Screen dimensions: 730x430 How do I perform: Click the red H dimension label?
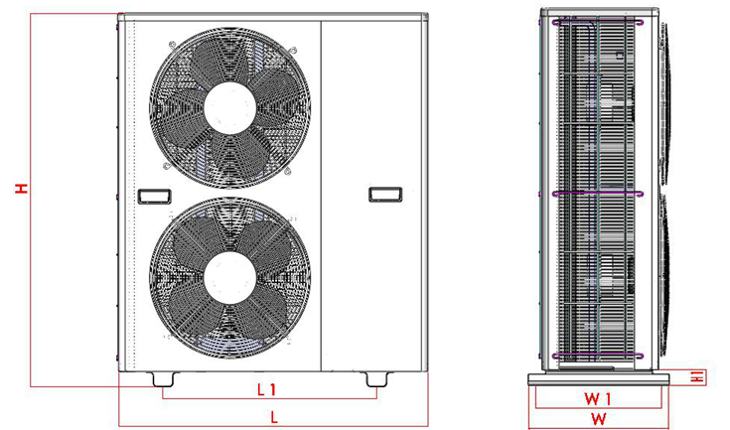pos(22,188)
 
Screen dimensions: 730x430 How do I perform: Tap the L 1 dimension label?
pos(267,389)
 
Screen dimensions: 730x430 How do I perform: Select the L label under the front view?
pos(274,417)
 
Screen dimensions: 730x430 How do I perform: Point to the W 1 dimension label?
pos(598,398)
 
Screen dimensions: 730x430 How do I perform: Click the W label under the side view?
pos(599,418)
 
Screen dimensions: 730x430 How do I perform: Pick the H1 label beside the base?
pos(697,376)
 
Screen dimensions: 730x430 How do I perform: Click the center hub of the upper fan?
pos(230,107)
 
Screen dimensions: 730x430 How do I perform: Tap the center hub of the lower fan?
pos(230,278)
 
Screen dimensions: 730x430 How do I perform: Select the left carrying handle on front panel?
pos(155,196)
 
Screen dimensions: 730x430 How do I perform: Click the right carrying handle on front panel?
pos(385,194)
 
